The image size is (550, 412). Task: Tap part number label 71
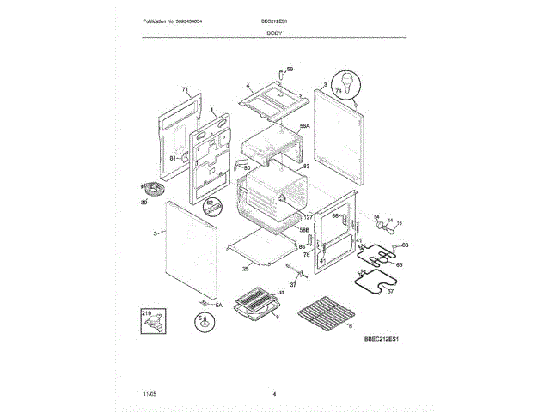tap(184, 90)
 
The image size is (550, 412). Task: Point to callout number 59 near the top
tap(290, 69)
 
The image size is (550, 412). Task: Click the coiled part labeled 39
tap(154, 190)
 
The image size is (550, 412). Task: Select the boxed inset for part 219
tap(154, 324)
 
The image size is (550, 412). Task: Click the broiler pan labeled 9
tap(258, 306)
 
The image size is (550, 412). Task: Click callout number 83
tap(306, 166)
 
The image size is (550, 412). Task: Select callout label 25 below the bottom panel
tap(246, 269)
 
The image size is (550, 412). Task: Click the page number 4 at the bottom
tap(274, 394)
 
